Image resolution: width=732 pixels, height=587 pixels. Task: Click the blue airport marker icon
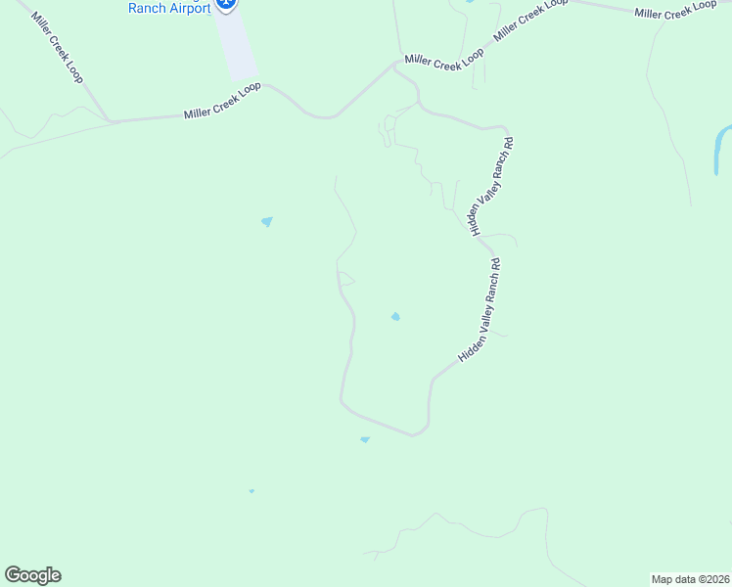point(227,4)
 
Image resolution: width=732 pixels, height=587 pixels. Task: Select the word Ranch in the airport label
point(148,8)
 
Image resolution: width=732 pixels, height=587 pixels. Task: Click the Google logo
point(32,575)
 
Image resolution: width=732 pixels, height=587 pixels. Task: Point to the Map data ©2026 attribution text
point(689,579)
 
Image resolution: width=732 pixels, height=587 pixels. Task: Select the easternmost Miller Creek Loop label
point(675,10)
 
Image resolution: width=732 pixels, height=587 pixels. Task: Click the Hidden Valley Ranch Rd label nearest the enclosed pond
point(480,310)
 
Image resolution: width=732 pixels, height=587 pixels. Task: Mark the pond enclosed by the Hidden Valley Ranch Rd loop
point(395,316)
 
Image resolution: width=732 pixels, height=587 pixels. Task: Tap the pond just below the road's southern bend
point(365,439)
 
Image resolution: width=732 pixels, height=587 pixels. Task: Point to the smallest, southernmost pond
point(252,491)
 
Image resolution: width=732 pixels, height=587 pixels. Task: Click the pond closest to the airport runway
point(266,221)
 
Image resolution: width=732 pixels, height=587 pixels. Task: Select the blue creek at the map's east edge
point(722,147)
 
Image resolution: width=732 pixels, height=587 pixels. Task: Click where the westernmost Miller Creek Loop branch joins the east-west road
point(110,121)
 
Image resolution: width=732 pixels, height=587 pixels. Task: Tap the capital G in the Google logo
point(13,574)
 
